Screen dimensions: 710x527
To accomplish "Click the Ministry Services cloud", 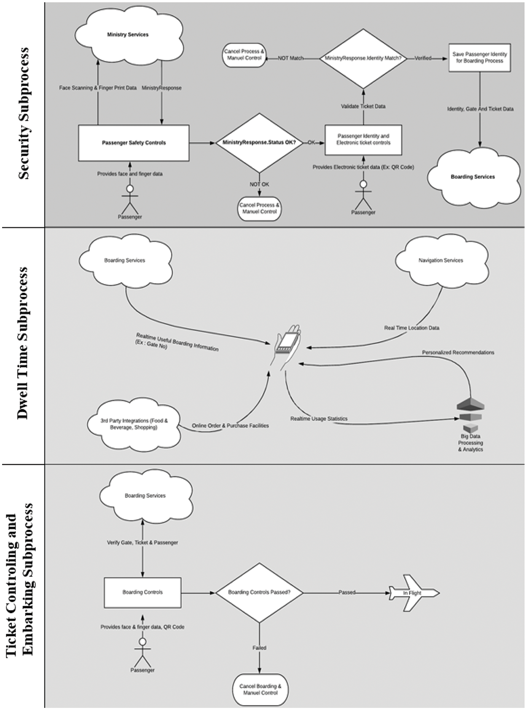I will [x=128, y=35].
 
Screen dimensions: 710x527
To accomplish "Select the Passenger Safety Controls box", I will [x=134, y=143].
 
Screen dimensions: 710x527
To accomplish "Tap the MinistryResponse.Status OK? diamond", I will [x=259, y=143].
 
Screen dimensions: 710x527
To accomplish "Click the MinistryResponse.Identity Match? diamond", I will [x=363, y=58].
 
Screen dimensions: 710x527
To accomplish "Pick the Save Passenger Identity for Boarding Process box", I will [x=479, y=58].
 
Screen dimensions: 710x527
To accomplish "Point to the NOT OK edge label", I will [x=259, y=184].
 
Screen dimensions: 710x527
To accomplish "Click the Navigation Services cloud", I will [x=441, y=261].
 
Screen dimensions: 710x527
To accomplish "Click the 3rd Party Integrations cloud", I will [x=134, y=424].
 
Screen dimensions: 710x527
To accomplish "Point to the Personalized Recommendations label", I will [x=458, y=352].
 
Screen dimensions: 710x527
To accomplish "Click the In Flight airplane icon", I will [x=412, y=593].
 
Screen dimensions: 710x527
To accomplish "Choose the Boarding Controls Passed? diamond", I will [x=259, y=592].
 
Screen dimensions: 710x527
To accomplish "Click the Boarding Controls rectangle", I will [x=143, y=592].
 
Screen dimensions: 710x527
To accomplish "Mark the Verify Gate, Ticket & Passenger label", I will [x=143, y=543].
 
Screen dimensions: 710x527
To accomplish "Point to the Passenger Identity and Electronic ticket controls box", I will [x=363, y=140].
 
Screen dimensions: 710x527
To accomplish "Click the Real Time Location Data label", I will [x=411, y=328].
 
